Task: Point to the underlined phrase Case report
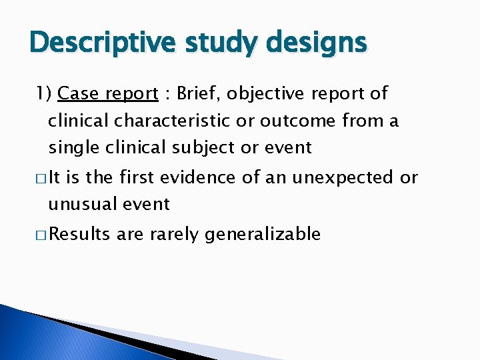pos(108,94)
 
